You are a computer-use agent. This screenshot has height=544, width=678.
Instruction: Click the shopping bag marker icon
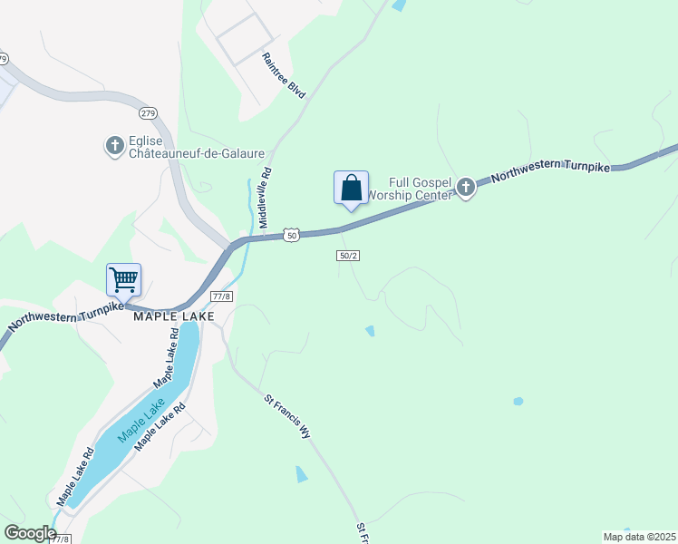(x=351, y=188)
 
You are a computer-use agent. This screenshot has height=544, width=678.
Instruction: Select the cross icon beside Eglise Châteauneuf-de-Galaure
(x=114, y=145)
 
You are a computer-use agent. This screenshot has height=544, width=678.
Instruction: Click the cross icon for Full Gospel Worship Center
(x=466, y=188)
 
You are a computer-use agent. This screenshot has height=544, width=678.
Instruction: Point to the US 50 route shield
(x=290, y=234)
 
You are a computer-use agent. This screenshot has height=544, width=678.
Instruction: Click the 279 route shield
(x=148, y=113)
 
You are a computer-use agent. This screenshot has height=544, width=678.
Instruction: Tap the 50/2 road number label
(x=349, y=256)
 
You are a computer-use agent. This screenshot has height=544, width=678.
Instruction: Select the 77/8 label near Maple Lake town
(x=222, y=297)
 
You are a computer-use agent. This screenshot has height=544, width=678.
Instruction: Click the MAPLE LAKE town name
(x=174, y=316)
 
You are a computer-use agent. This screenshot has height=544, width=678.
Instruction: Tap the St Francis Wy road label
(x=286, y=416)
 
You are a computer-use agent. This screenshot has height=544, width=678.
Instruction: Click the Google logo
(x=29, y=533)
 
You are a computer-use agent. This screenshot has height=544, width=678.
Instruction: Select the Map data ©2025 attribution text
(x=639, y=537)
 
